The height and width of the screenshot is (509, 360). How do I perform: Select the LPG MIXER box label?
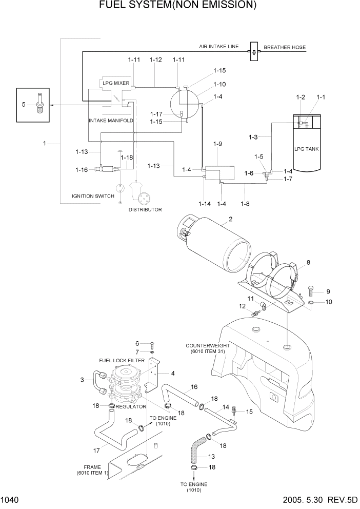pyautogui.click(x=115, y=83)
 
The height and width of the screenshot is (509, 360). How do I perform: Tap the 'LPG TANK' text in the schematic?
pyautogui.click(x=306, y=149)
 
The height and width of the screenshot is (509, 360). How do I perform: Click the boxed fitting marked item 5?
pyautogui.click(x=39, y=104)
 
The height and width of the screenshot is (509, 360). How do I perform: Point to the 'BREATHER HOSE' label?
pyautogui.click(x=285, y=47)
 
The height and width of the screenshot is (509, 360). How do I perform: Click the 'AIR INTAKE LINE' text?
pyautogui.click(x=219, y=47)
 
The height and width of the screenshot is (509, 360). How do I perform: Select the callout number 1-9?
pyautogui.click(x=217, y=144)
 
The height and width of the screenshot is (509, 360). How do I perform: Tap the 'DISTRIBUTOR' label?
pyautogui.click(x=145, y=209)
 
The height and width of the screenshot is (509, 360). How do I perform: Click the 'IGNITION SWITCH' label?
pyautogui.click(x=93, y=196)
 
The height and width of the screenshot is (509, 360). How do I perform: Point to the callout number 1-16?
pyautogui.click(x=82, y=170)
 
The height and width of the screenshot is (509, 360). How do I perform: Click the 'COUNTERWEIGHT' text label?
pyautogui.click(x=208, y=346)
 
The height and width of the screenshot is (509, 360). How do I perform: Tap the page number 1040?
pyautogui.click(x=10, y=500)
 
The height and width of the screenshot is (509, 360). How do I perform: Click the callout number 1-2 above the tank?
pyautogui.click(x=301, y=97)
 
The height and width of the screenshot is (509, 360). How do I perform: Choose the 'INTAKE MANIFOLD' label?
pyautogui.click(x=111, y=121)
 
